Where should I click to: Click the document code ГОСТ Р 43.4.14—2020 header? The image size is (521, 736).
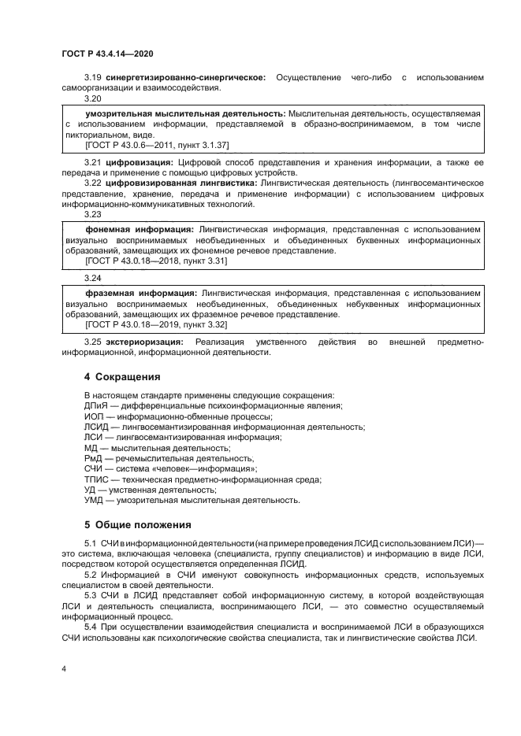106,54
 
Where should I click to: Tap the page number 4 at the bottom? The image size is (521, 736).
64,668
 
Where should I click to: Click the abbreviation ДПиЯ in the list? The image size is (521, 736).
96,405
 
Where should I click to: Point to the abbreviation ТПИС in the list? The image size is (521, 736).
96,479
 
